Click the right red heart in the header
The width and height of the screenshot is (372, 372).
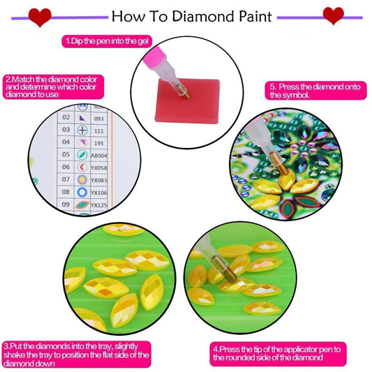[334, 14]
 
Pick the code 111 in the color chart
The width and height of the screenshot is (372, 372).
[99, 131]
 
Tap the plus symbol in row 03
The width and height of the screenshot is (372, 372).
[82, 130]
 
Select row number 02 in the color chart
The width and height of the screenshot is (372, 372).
[66, 118]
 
